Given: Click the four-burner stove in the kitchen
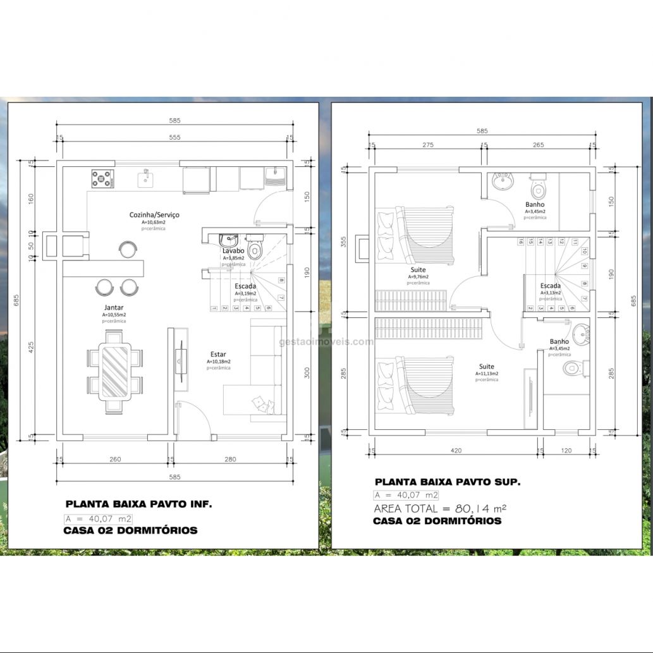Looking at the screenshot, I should click(x=102, y=178).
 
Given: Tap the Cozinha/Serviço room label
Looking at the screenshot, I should click(x=154, y=215).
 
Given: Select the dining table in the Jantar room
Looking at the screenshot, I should click(x=115, y=371).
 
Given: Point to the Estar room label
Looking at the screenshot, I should click(x=218, y=355).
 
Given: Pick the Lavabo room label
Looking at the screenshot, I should click(x=233, y=251).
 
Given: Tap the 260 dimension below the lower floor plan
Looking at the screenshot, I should click(x=115, y=460).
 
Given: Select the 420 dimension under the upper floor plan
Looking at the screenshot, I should click(x=456, y=451).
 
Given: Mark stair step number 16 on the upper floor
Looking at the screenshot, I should click(x=520, y=241).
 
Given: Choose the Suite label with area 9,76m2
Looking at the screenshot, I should click(x=417, y=269).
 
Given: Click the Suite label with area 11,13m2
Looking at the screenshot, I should click(x=487, y=367).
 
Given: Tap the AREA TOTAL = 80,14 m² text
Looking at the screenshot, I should click(x=439, y=508).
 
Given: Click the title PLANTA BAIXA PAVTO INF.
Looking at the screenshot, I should click(x=139, y=504).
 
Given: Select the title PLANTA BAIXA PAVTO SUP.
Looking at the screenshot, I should click(x=448, y=482).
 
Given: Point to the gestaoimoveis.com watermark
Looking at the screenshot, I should click(x=326, y=342).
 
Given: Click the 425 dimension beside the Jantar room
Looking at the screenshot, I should click(x=32, y=346).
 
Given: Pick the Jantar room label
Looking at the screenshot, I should click(x=114, y=308).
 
